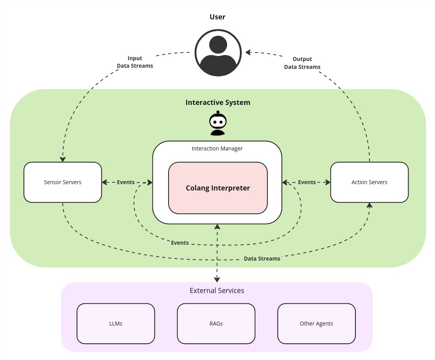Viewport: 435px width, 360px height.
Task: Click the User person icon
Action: coord(218,53)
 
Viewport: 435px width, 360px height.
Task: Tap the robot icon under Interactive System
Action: coord(218,124)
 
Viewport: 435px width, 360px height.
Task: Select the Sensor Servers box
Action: coord(63,182)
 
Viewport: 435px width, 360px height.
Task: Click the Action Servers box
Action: coord(369,182)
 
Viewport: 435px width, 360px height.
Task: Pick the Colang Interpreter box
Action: coord(218,188)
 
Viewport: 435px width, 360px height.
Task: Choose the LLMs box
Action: coord(116,324)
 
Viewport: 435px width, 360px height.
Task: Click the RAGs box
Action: coord(216,324)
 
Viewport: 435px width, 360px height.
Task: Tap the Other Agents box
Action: coord(316,324)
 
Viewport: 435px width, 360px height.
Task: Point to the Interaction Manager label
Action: coord(217,149)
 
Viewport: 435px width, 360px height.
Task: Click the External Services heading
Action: coord(217,291)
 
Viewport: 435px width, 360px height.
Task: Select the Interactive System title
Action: coord(218,103)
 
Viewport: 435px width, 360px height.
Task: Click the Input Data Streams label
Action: coord(135,62)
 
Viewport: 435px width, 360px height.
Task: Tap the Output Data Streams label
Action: coord(302,63)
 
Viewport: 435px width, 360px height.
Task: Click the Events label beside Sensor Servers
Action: coord(126,182)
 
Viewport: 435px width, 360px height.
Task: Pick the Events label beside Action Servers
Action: coord(307,182)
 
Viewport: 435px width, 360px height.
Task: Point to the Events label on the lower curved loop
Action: coord(180,243)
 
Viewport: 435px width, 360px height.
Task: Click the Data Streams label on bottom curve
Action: coord(262,259)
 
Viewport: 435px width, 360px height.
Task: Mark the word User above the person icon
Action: coord(217,17)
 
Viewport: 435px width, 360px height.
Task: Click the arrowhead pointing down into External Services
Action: coord(217,279)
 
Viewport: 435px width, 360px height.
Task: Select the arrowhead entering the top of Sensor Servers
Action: coord(63,159)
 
